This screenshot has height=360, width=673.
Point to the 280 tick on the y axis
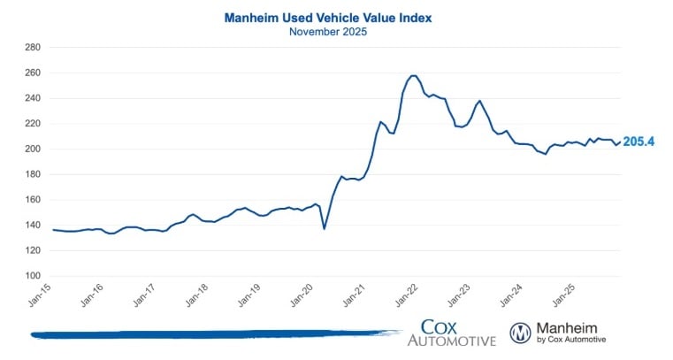pos(32,48)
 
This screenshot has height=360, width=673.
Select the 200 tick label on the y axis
pos(32,149)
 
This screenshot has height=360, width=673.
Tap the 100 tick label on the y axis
pos(32,276)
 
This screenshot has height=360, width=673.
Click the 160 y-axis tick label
pos(32,200)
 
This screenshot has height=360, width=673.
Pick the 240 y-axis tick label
pos(32,98)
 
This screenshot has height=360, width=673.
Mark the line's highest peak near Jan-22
pos(414,75)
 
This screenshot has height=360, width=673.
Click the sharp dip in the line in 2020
pos(325,229)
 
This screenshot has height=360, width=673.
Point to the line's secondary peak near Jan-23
pos(479,101)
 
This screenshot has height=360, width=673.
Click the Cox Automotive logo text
pos(451,333)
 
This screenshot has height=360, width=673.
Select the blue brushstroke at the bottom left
pos(212,333)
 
